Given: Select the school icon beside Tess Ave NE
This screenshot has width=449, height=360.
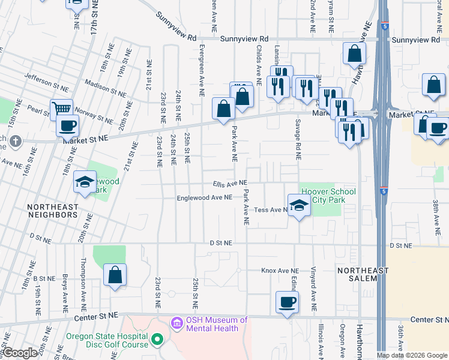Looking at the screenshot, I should coord(298,206).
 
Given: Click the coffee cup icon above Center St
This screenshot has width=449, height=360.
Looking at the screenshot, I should coord(287,302).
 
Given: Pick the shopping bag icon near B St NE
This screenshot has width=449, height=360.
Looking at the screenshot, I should coord(115,275).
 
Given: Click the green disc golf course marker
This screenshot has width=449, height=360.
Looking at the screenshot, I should coord(157,340).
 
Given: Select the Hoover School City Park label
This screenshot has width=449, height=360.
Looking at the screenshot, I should coord(328,196).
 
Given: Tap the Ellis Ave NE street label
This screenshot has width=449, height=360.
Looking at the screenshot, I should coord(229,184).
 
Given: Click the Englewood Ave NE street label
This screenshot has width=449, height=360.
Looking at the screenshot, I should coord(204,197).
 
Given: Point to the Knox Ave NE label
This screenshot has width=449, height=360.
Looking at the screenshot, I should coord(279,271).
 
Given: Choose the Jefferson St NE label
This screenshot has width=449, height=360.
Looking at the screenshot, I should coord(51,77).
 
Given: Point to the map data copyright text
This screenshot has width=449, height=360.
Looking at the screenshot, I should coord(412,355).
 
